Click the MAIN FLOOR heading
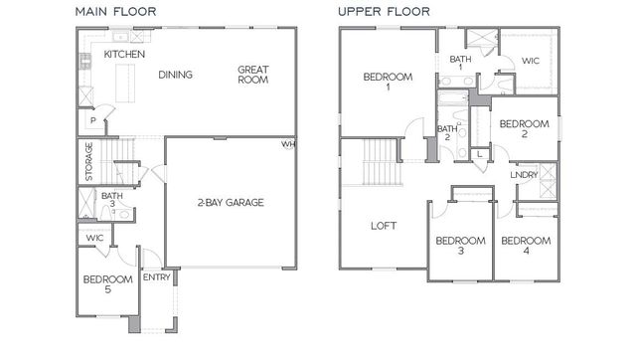[x=116, y=12]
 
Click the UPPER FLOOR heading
[x=384, y=12]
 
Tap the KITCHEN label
[x=125, y=53]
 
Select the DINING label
[x=175, y=75]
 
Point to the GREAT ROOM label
[x=252, y=75]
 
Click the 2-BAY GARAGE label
[x=230, y=203]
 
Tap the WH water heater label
[x=288, y=144]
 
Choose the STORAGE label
[x=88, y=161]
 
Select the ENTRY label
[x=157, y=276]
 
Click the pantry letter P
[x=93, y=119]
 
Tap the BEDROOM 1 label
[x=382, y=82]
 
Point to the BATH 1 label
[x=460, y=65]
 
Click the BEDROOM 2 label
[x=523, y=129]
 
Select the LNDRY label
[x=524, y=175]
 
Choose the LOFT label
[x=384, y=226]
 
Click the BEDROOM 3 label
[x=460, y=246]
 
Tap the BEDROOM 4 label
[x=524, y=246]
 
